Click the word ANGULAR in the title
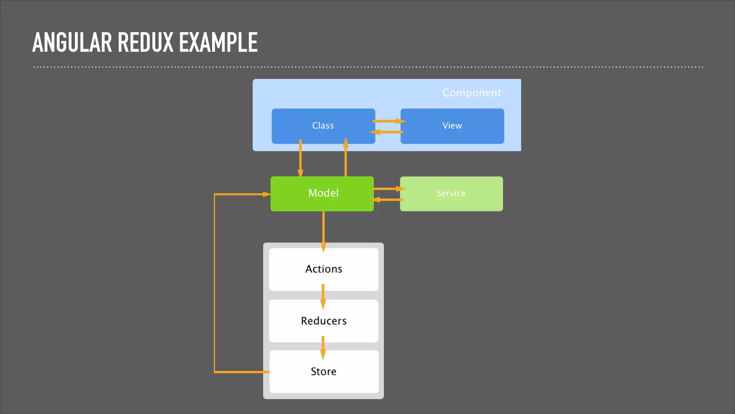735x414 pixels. tap(72, 42)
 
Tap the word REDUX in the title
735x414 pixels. tap(145, 42)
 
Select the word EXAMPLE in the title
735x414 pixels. tap(218, 42)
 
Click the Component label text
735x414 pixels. tap(471, 93)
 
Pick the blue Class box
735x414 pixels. tap(323, 126)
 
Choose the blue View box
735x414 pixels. tap(452, 126)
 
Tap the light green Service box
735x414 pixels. tap(451, 193)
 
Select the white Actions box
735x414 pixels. tap(323, 269)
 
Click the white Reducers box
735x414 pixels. tap(323, 321)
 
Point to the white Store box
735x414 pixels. tap(323, 371)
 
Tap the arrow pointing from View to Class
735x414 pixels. tap(387, 132)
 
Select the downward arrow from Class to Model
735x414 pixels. tap(300, 158)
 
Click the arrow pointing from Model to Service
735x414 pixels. tap(388, 189)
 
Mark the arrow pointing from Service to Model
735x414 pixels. tap(387, 200)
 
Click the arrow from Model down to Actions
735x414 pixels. tap(323, 230)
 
